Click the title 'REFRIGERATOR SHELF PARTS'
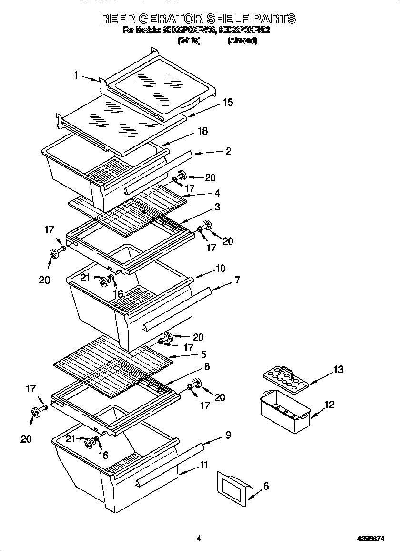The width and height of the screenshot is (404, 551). (x=198, y=19)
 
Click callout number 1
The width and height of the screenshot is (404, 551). (x=76, y=74)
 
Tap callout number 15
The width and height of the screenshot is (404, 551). (x=228, y=102)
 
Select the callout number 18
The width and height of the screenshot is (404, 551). (x=202, y=131)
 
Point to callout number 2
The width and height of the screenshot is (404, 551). (x=228, y=151)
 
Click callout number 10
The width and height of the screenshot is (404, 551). (x=221, y=269)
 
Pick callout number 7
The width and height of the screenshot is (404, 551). (x=237, y=280)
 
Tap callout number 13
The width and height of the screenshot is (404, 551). (x=338, y=369)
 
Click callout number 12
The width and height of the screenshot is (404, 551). (x=329, y=405)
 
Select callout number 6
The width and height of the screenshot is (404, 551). (x=266, y=486)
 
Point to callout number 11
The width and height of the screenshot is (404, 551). (x=204, y=465)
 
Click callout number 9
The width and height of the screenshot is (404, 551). (x=228, y=435)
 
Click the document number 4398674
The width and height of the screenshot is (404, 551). (x=371, y=539)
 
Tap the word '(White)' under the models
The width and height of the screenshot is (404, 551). (x=189, y=41)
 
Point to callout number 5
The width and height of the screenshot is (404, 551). (x=203, y=354)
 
